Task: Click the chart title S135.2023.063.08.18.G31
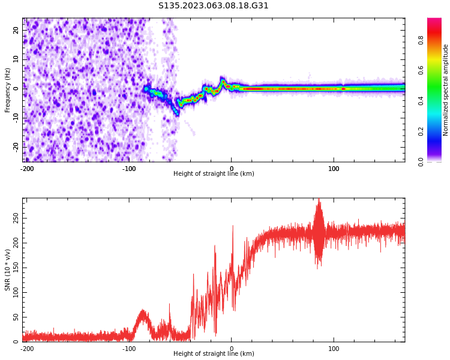pyautogui.click(x=214, y=6)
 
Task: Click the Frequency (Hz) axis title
pyautogui.click(x=8, y=90)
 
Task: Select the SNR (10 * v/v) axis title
pyautogui.click(x=8, y=270)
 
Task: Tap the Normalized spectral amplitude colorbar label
pyautogui.click(x=446, y=90)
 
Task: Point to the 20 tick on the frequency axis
pyautogui.click(x=16, y=31)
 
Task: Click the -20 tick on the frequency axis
pyautogui.click(x=16, y=146)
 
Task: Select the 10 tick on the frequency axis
pyautogui.click(x=16, y=59)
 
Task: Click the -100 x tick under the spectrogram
pyautogui.click(x=129, y=168)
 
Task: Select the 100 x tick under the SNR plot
pyautogui.click(x=334, y=348)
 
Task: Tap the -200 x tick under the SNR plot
pyautogui.click(x=27, y=348)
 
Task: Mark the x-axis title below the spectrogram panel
pyautogui.click(x=214, y=174)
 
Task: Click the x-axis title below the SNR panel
pyautogui.click(x=214, y=354)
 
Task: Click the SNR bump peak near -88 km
pyautogui.click(x=142, y=311)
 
